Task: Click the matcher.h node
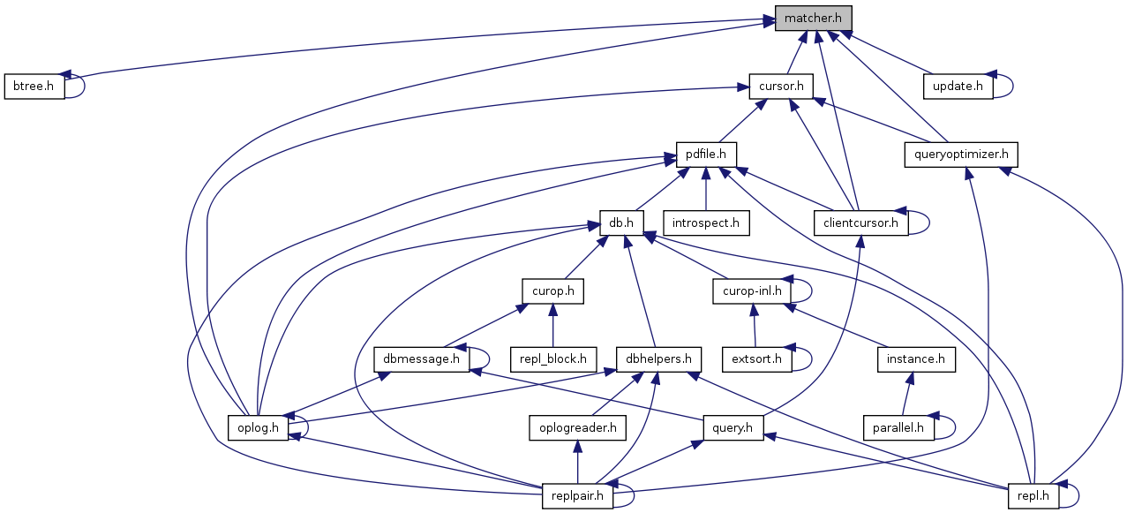click(x=813, y=19)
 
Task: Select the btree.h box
click(x=34, y=87)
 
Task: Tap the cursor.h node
click(x=780, y=87)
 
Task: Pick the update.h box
click(x=958, y=87)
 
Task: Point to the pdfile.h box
click(x=706, y=155)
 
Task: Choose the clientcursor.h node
click(x=860, y=223)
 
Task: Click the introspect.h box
click(x=706, y=223)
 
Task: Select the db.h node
click(x=621, y=223)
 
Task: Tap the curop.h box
click(x=553, y=290)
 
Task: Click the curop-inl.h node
click(x=751, y=290)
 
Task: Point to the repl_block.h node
click(x=553, y=359)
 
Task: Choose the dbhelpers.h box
click(x=658, y=359)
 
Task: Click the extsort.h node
click(x=757, y=359)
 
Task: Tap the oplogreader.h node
click(x=577, y=428)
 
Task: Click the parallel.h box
click(x=898, y=428)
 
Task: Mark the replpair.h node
click(x=577, y=496)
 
